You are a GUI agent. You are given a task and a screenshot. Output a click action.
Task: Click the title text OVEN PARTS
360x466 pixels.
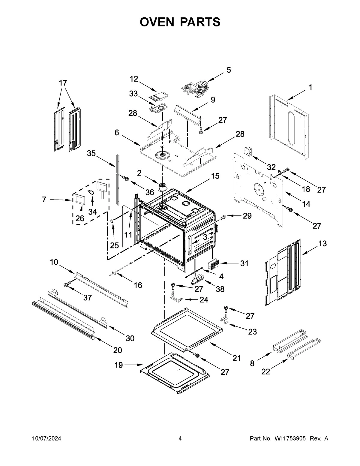point(180,22)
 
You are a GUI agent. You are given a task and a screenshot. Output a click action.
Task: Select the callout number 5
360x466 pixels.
point(229,70)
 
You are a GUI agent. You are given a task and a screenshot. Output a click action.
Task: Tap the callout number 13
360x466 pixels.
point(322,243)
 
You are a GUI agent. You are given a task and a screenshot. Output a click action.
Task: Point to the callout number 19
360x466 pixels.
point(118,365)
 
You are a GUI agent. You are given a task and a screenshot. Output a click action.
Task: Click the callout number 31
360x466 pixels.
point(244,263)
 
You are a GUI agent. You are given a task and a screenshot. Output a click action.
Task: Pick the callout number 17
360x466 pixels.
point(63,83)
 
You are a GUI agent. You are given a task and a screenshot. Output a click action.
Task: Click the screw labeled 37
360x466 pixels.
point(67,284)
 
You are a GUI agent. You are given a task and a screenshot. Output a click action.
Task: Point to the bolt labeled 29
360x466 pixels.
point(223,217)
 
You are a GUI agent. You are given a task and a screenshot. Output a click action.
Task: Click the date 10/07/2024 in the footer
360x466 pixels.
point(46,438)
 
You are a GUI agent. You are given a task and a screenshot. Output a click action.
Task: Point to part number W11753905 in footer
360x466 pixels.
point(289,438)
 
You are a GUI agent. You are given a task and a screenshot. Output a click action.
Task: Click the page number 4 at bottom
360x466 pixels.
point(180,438)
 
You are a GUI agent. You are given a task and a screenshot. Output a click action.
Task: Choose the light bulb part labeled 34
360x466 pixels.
point(91,192)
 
